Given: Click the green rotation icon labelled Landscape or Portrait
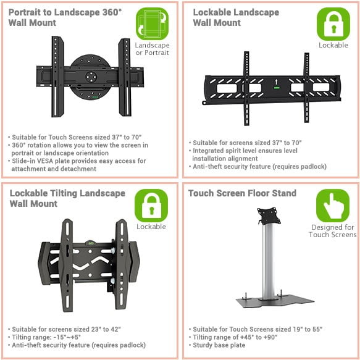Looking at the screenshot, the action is tap(153, 23).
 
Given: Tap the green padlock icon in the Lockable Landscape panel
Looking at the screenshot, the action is tap(333, 24).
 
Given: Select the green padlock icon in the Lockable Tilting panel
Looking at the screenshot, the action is tap(151, 206).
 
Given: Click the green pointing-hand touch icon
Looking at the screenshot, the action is tap(333, 206).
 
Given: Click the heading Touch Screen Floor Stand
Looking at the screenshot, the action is tap(242, 193).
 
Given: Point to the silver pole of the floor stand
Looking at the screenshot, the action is tap(269, 261).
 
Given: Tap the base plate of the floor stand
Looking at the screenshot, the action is tap(275, 301).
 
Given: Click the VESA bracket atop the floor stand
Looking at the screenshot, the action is tap(269, 216).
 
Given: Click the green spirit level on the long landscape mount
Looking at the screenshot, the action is tap(277, 88).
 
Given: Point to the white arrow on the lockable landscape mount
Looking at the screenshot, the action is tap(277, 82).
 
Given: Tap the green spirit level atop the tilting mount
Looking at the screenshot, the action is tap(90, 242).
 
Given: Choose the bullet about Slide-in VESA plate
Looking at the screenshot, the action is tap(77, 165).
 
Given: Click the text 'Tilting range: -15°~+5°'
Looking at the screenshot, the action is tap(46, 337).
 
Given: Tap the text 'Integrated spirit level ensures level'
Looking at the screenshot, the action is tap(245, 151).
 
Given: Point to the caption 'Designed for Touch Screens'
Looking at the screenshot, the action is tap(333, 231).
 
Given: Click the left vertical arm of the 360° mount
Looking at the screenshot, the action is tap(57, 77).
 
